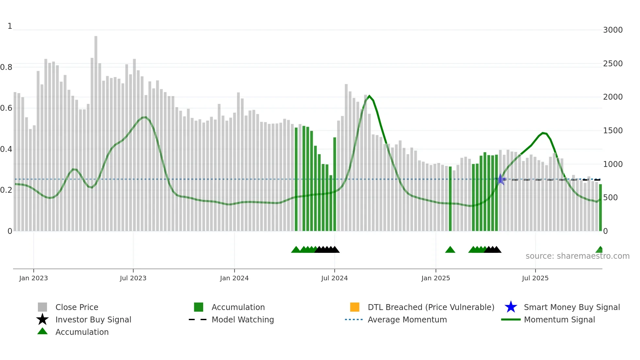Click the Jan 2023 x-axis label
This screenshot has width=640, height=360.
[33, 278]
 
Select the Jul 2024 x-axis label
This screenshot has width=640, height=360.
[334, 278]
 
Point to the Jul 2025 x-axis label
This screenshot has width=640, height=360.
[535, 278]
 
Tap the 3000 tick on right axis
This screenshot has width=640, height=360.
[613, 30]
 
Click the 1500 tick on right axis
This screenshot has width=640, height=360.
[613, 131]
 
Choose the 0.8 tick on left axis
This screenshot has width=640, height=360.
[6, 67]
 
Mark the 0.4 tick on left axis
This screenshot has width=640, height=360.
[6, 149]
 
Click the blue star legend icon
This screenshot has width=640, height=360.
[511, 307]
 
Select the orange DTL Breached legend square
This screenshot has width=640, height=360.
[355, 307]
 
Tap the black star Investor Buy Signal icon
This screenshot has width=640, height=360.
[42, 319]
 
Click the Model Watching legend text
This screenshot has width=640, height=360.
[243, 319]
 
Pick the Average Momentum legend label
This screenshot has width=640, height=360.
[407, 319]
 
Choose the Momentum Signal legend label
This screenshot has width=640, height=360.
[559, 319]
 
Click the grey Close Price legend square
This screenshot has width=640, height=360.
[42, 307]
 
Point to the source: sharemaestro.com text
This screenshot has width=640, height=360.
[577, 256]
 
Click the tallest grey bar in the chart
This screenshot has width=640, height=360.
[96, 131]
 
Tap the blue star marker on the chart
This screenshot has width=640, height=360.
[500, 179]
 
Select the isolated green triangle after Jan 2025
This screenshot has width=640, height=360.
[450, 250]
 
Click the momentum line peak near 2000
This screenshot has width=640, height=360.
[369, 96]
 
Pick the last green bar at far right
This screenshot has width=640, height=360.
[600, 207]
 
